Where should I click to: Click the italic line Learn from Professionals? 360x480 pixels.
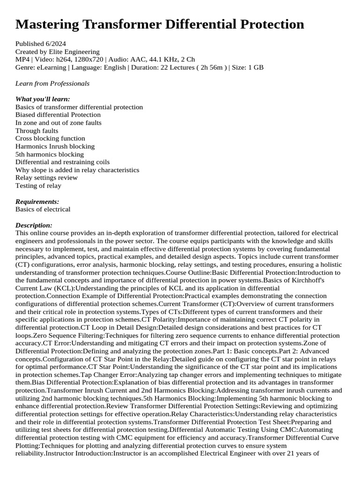click(x=52, y=83)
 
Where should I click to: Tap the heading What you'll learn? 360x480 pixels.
click(x=43, y=99)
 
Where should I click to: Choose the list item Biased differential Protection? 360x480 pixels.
click(x=58, y=115)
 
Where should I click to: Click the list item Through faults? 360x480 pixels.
click(x=37, y=131)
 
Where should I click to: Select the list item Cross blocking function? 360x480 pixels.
click(x=50, y=138)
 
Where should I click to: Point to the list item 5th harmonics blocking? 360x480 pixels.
click(x=49, y=154)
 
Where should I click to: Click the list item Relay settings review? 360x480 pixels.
click(x=46, y=178)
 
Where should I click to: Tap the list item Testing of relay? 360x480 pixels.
click(x=38, y=186)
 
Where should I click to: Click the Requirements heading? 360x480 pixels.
click(x=37, y=202)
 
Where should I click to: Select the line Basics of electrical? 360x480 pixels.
click(x=43, y=210)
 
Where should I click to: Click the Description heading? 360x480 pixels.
click(x=34, y=225)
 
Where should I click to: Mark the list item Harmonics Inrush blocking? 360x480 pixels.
click(x=55, y=146)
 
